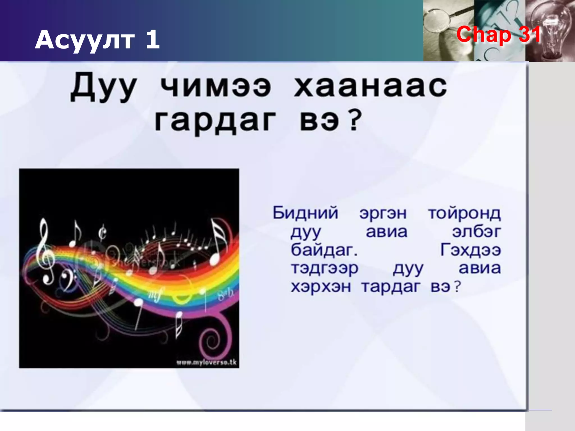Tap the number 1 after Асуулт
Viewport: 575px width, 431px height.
152,40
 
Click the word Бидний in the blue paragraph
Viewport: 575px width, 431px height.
305,213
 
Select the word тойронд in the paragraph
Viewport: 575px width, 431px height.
464,214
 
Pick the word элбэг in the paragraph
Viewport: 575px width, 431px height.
476,232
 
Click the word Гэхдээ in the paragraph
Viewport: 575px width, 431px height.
471,250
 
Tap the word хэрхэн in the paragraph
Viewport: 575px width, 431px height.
321,287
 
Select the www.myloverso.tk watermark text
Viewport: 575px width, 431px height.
206,362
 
